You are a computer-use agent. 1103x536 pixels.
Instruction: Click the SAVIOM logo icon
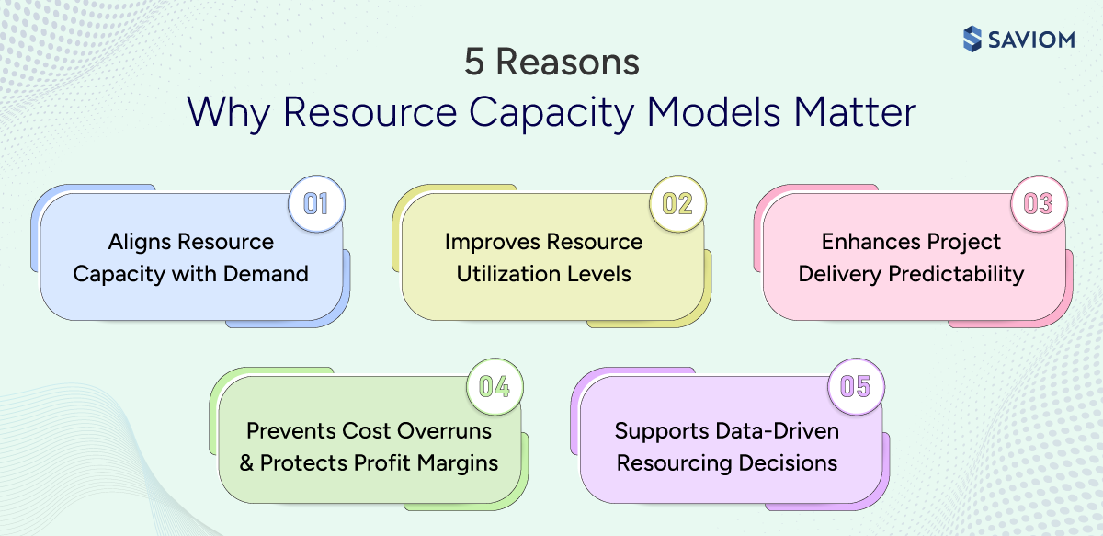point(972,39)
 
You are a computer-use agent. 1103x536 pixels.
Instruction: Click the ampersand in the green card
point(246,462)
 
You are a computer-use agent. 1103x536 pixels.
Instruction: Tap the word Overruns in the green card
point(445,430)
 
